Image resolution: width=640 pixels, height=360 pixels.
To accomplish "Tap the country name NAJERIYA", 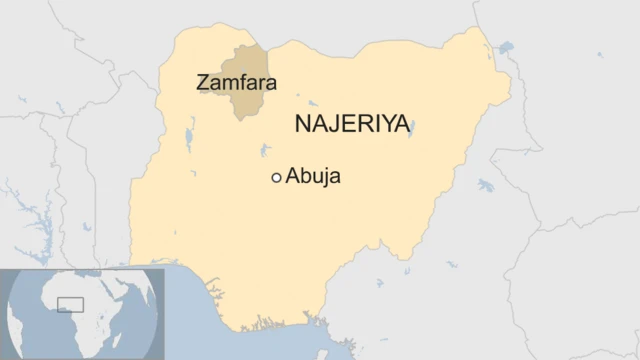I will point(352,124).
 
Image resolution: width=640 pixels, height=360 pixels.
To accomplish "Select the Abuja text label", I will point(313,177).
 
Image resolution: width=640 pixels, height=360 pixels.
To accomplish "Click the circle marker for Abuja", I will point(276,178).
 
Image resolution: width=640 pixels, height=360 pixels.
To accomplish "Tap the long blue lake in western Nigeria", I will point(187,140).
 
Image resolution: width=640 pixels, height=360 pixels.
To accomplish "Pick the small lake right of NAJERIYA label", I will point(411,127).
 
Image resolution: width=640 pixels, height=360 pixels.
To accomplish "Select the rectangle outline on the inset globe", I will point(70,304).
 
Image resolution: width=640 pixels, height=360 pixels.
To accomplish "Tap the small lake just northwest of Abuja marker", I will point(264,152).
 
